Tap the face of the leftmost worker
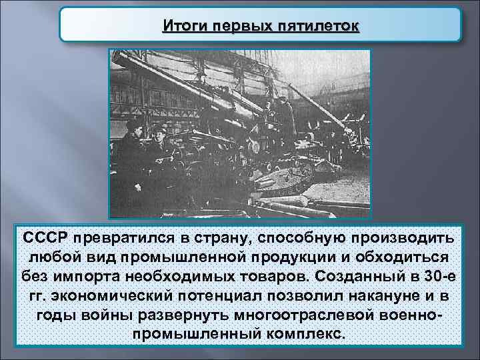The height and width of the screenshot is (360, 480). pos(132,129)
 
